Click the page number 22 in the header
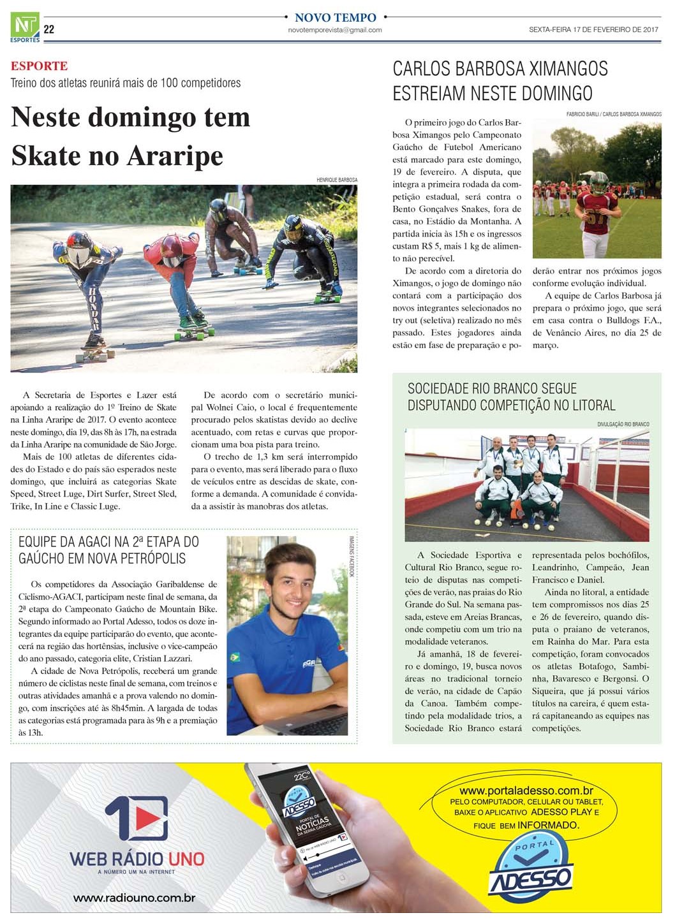click(49, 29)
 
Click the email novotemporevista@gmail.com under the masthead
click(335, 30)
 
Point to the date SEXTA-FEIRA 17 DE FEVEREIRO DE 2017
click(593, 29)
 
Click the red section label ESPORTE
click(39, 66)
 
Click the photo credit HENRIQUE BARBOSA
click(337, 180)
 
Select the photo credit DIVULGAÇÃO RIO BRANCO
click(623, 424)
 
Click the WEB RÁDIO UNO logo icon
click(137, 819)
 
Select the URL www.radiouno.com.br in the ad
click(134, 898)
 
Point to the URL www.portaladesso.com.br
click(526, 791)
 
